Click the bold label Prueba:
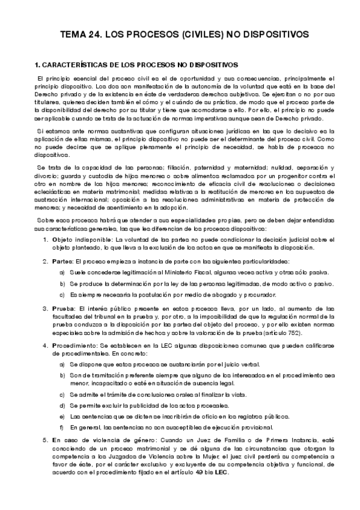pyautogui.click(x=76, y=308)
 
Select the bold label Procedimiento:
pyautogui.click(x=88, y=346)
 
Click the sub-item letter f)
pyautogui.click(x=63, y=428)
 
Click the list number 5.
pyautogui.click(x=53, y=441)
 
